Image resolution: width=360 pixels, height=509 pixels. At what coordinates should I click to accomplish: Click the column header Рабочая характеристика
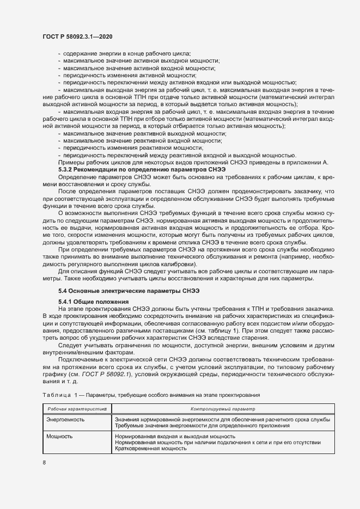(x=77, y=408)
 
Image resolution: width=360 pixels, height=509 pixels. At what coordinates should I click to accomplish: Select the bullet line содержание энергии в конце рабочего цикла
(x=126, y=53)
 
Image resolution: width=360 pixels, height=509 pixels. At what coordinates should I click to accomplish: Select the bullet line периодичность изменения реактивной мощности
(x=134, y=148)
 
